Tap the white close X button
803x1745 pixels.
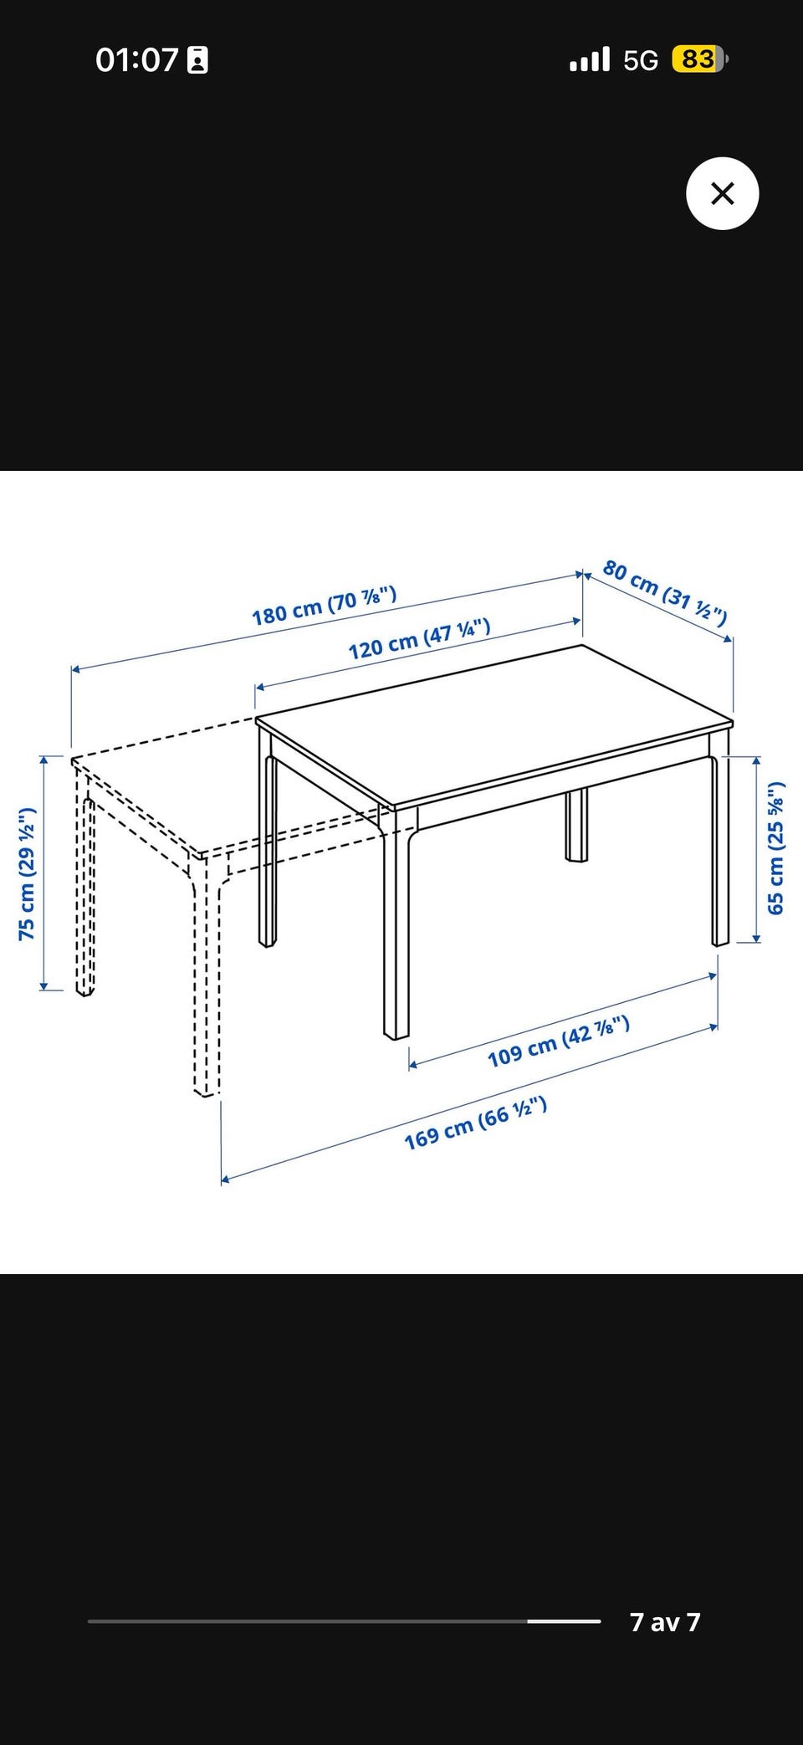click(x=722, y=193)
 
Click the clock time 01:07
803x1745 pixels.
click(x=136, y=60)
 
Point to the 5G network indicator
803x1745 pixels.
click(x=641, y=60)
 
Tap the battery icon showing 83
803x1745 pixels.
click(x=700, y=59)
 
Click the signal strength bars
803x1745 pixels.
click(x=590, y=59)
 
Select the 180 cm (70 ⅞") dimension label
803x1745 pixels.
click(x=325, y=606)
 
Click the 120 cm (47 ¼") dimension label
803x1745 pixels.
click(x=419, y=639)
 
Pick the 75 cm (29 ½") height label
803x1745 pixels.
click(x=27, y=873)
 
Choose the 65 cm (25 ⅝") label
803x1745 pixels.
click(x=775, y=847)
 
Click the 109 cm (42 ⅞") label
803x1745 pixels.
click(x=559, y=1041)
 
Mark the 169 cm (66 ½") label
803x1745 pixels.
click(x=476, y=1123)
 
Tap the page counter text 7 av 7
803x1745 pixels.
click(x=665, y=1622)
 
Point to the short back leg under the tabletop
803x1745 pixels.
click(x=576, y=825)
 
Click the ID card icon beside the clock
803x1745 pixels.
click(x=198, y=60)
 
